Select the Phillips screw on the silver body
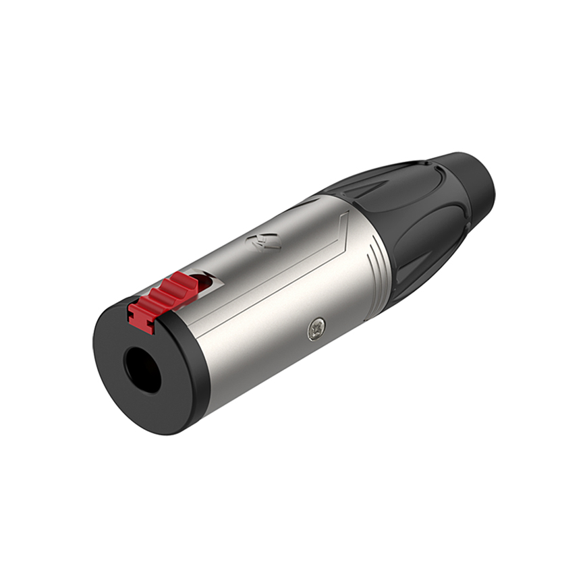pyautogui.click(x=315, y=329)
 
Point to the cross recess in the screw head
pyautogui.click(x=315, y=329)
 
